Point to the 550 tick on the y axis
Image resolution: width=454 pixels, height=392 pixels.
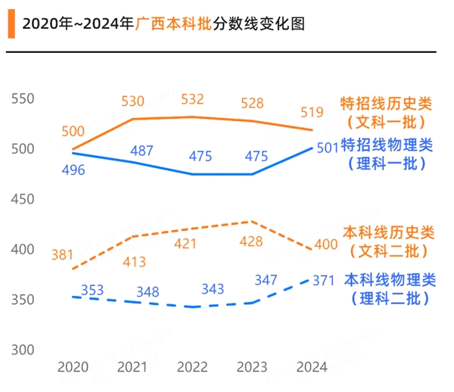23,99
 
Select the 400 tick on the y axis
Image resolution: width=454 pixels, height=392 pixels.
23,250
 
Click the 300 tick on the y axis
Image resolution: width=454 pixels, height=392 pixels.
23,350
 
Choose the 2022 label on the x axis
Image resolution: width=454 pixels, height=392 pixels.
193,367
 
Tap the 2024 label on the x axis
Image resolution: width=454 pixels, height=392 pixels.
311,367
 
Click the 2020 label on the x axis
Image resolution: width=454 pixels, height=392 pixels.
73,367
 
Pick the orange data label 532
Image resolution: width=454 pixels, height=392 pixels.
193,100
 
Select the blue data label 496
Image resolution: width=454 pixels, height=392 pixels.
73,170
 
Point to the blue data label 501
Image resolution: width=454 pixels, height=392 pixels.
326,148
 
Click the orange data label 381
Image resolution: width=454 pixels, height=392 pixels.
63,255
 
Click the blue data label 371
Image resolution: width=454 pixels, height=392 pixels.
323,281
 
